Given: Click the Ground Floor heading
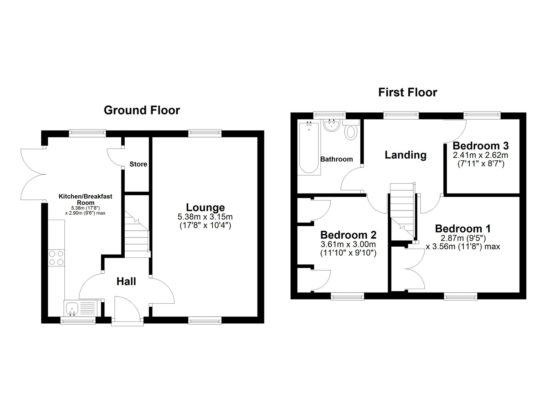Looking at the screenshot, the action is [x=142, y=110].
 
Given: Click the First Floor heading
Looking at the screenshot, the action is [x=408, y=93].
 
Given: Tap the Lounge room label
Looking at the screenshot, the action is [x=206, y=207].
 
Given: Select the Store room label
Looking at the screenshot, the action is [x=138, y=164].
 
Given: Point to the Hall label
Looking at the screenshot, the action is [x=126, y=281].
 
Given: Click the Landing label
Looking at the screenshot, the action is [x=406, y=155].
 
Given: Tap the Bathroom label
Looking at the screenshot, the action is [x=337, y=159].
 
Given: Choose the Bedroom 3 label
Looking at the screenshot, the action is [x=481, y=146].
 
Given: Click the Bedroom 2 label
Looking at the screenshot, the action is [x=348, y=235].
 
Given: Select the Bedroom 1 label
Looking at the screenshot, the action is [x=463, y=229].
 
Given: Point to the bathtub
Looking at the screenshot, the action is [x=309, y=148].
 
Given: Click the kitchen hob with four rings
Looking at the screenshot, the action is [x=56, y=258].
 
